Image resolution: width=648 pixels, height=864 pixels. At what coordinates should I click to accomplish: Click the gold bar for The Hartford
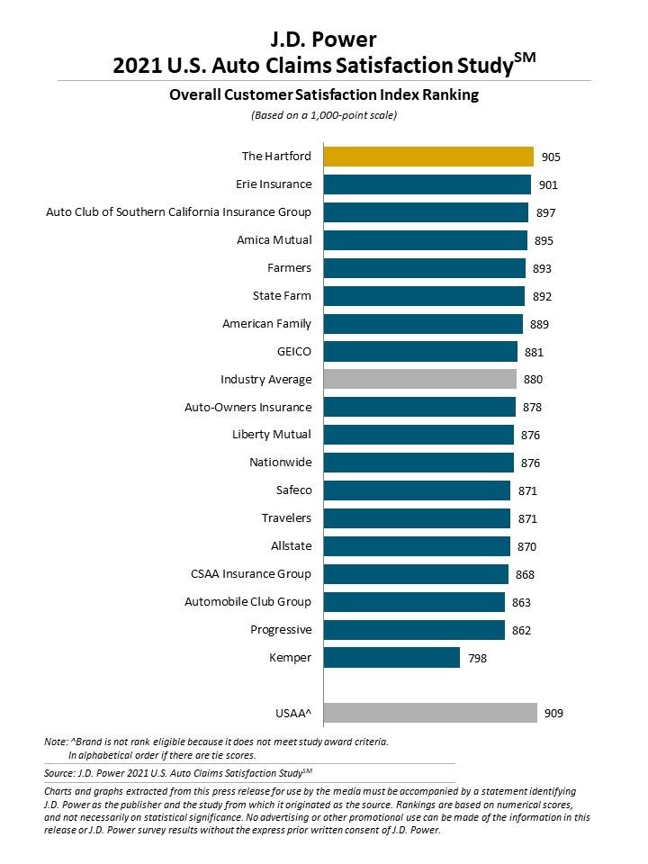point(428,157)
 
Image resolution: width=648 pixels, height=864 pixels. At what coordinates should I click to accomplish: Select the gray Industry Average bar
point(419,379)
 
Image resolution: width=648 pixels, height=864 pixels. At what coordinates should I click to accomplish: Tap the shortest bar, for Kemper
point(391,658)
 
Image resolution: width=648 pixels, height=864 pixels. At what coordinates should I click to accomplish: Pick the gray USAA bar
point(430,714)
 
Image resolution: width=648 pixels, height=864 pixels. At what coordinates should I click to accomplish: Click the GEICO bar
point(420,352)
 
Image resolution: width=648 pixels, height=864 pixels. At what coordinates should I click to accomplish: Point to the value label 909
point(554,714)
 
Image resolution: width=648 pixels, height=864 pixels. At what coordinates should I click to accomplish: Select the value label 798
point(477,659)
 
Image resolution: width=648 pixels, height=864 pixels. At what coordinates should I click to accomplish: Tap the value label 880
point(533,380)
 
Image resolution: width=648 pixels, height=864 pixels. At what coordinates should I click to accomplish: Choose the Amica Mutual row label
point(274,240)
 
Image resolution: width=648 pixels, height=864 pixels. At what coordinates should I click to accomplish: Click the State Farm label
point(282,296)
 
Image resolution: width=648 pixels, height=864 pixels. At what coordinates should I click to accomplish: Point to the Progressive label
point(281,630)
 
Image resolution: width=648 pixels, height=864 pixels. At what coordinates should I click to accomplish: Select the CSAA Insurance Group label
point(251,574)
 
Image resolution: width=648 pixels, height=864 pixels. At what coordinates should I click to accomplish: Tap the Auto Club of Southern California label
point(178,212)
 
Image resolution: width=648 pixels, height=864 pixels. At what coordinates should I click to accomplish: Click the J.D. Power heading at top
point(323,39)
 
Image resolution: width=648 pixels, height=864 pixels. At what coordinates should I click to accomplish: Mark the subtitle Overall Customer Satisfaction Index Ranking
point(323,95)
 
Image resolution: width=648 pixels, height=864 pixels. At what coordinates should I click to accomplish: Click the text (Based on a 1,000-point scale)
point(323,115)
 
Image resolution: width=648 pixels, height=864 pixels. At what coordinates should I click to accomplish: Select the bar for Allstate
point(417,546)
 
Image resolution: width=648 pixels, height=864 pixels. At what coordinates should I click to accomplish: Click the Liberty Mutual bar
point(418,435)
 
